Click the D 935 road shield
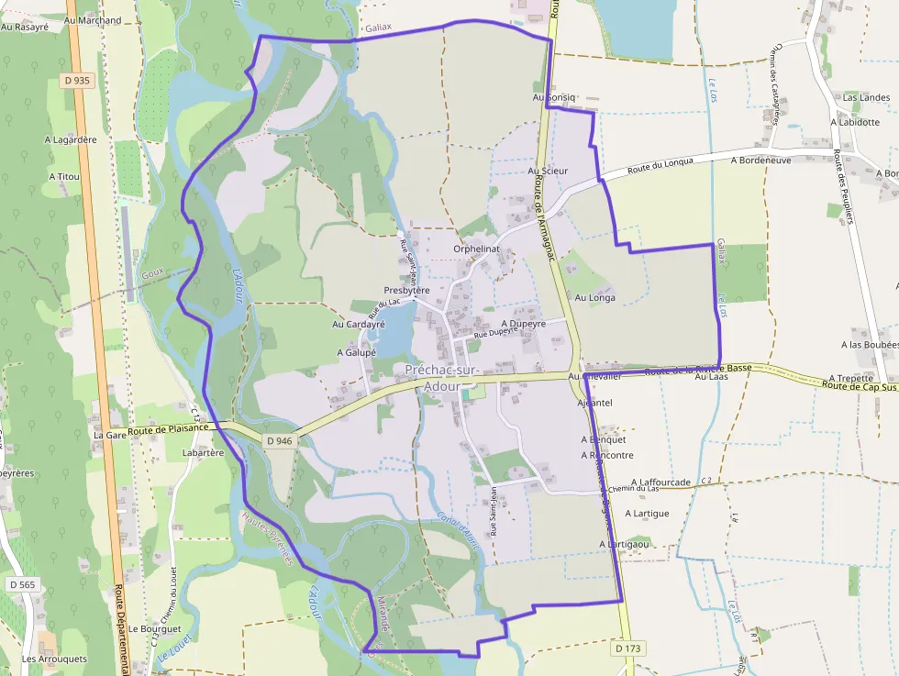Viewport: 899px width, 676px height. (78, 81)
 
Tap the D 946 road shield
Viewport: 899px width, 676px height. (280, 441)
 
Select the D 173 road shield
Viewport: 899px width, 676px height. (627, 648)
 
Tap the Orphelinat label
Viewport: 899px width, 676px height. (475, 249)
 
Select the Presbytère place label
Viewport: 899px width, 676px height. (407, 290)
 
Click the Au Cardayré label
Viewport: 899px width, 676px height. (358, 324)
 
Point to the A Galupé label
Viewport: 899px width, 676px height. (357, 352)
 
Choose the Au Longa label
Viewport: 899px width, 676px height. (595, 297)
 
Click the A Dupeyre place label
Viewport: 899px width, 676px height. (524, 324)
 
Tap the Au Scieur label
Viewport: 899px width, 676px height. (549, 171)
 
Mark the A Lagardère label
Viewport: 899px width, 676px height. (71, 139)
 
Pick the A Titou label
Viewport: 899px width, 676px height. (64, 176)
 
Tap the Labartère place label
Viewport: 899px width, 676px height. (204, 452)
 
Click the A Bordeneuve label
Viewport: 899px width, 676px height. (760, 160)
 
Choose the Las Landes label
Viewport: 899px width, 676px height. (867, 97)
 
